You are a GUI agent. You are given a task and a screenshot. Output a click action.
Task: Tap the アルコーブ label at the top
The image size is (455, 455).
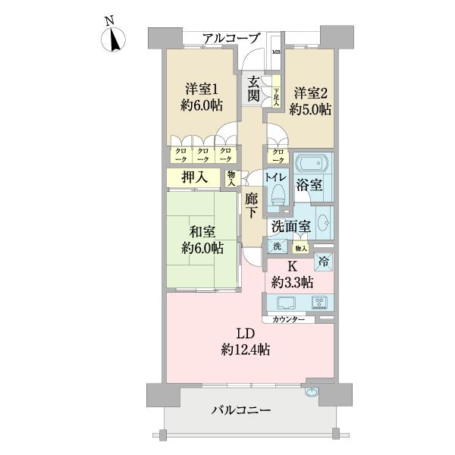click(x=231, y=38)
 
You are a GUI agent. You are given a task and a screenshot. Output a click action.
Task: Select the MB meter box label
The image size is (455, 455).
click(x=276, y=52)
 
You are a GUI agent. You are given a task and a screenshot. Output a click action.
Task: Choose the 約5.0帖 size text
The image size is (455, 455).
click(x=311, y=109)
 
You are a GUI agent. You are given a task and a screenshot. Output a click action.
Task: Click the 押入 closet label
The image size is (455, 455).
click(x=195, y=177)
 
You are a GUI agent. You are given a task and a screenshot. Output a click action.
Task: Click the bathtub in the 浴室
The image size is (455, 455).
click(x=312, y=166)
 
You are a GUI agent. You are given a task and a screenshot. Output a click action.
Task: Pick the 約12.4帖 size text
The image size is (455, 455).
click(x=246, y=350)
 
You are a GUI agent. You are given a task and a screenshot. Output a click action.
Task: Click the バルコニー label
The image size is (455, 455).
click(x=240, y=410)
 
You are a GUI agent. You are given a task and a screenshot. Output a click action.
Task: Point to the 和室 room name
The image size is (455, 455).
click(x=202, y=231)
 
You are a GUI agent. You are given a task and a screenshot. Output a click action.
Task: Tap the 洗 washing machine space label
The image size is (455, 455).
click(x=277, y=247)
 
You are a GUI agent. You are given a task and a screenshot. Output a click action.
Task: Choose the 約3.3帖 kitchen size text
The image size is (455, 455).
click(x=293, y=283)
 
